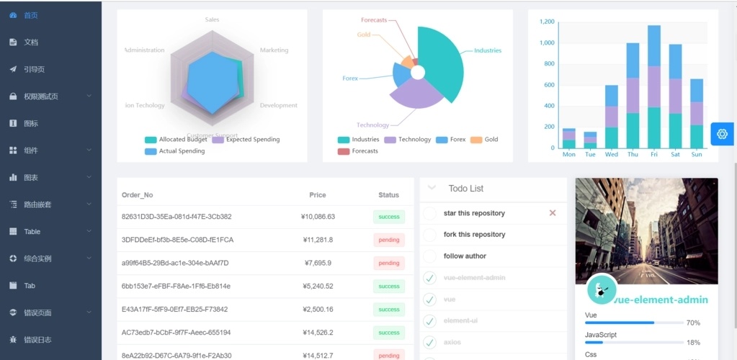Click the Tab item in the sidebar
click(x=30, y=286)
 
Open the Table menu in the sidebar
click(x=32, y=232)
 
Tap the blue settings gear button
click(x=722, y=134)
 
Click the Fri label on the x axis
click(x=653, y=154)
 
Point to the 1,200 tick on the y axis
click(x=546, y=22)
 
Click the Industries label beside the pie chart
click(x=487, y=50)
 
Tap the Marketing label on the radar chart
click(x=274, y=50)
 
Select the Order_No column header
click(x=138, y=195)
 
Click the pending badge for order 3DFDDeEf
click(x=388, y=240)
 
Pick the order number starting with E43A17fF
click(x=175, y=310)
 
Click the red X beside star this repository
click(x=553, y=213)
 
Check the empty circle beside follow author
click(x=430, y=256)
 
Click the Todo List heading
click(x=465, y=189)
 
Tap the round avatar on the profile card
click(x=602, y=289)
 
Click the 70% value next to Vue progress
click(x=693, y=323)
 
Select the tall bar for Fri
click(x=653, y=86)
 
